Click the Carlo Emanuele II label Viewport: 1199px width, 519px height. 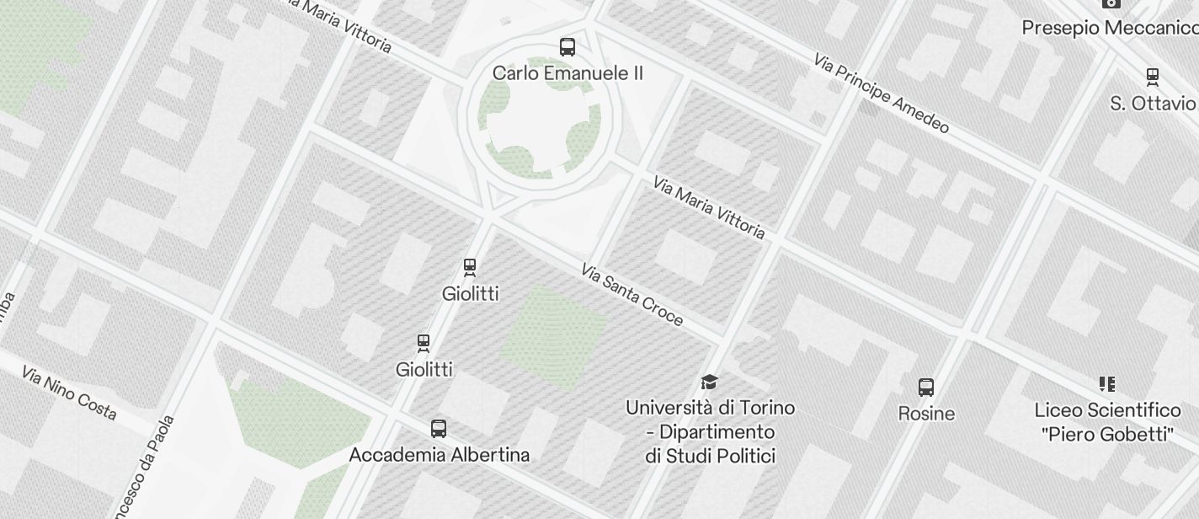568,73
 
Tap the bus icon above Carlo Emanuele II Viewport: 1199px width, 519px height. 568,47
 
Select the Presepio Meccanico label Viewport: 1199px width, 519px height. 1110,28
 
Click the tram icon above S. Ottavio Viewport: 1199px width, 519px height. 1153,77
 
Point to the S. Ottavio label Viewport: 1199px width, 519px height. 1153,104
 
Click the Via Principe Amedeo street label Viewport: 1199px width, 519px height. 882,94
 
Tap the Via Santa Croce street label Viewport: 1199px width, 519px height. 631,295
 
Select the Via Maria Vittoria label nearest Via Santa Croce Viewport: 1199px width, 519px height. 709,207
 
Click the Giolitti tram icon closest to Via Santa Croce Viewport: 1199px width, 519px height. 471,267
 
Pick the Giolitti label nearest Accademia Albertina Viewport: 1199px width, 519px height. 424,369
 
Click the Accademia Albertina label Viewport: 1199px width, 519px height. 440,455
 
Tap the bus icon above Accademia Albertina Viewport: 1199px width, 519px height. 439,428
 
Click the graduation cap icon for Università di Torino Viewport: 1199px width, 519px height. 710,383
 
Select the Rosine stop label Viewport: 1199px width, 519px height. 926,414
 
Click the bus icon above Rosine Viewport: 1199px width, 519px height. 926,388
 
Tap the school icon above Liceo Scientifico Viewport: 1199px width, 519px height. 1107,384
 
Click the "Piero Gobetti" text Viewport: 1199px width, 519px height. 1107,434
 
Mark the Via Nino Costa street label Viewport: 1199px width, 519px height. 69,393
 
